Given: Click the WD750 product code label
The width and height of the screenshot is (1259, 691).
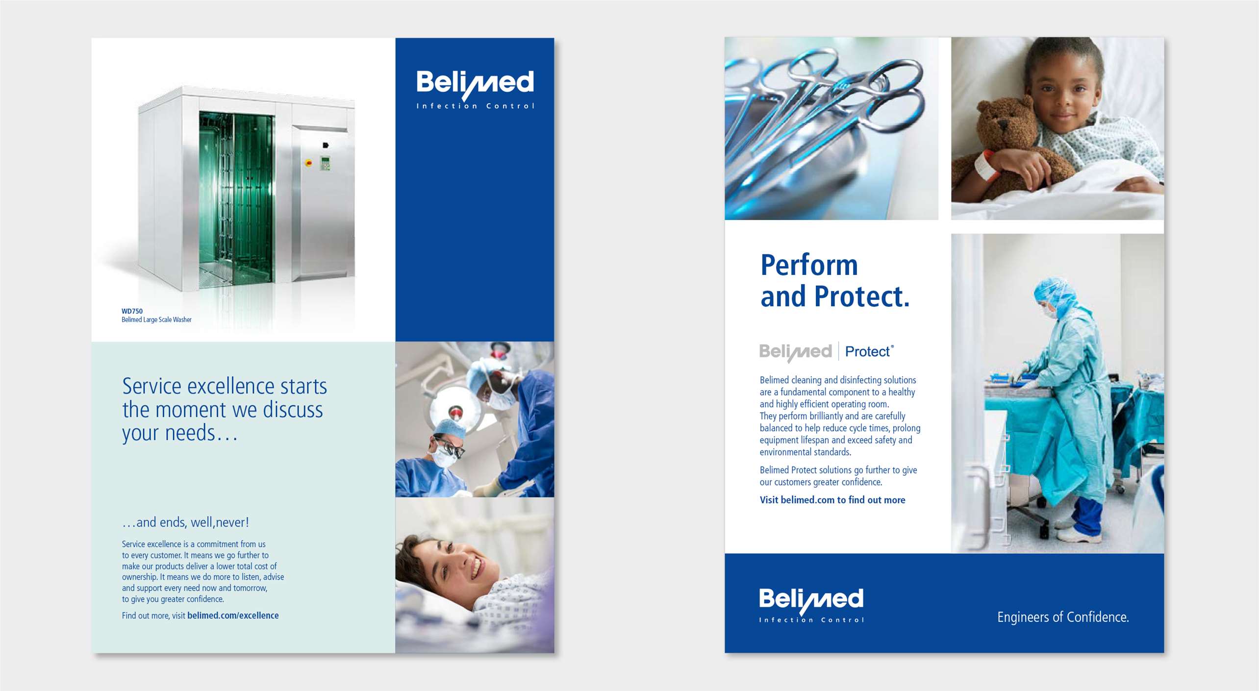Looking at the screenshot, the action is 132,311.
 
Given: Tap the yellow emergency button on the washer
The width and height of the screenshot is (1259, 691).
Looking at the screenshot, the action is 308,163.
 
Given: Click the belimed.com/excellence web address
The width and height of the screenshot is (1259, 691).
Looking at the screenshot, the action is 233,616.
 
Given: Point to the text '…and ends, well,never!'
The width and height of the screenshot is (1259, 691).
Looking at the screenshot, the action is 185,522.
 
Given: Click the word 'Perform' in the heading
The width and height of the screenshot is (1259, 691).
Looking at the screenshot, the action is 809,265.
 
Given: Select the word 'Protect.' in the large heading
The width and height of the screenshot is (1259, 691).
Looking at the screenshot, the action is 861,296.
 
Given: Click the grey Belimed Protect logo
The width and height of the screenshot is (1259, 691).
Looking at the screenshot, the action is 827,351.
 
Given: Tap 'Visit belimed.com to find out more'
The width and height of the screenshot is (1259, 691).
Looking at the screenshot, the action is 832,500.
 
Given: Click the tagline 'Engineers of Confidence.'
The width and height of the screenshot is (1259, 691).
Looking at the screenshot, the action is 1063,617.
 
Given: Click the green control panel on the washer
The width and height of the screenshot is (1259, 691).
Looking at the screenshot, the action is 325,163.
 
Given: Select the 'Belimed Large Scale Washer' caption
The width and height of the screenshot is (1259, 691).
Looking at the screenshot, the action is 156,320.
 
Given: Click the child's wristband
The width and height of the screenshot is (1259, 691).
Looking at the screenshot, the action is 983,165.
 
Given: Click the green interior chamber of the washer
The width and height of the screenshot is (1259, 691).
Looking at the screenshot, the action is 236,198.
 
